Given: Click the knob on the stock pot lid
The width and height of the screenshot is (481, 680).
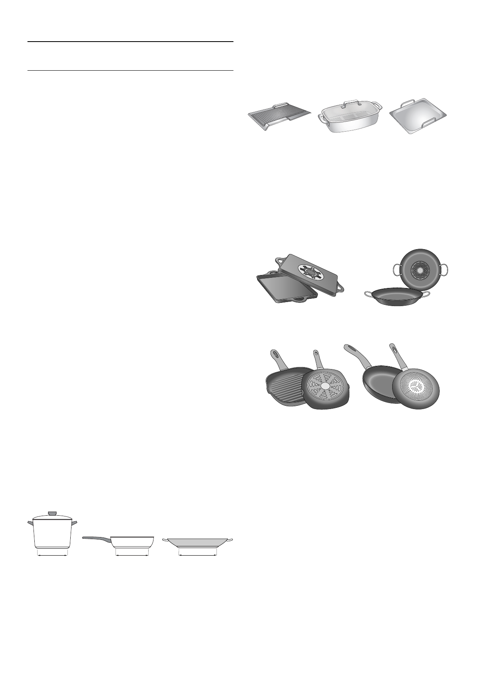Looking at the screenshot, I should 53,513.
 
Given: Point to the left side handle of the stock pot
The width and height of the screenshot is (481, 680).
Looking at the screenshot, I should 30,523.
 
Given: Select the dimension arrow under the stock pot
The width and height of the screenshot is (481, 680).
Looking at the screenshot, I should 53,555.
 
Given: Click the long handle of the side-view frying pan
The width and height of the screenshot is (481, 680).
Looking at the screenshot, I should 96,538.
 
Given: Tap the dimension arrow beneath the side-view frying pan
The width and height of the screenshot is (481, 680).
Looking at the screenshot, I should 132,555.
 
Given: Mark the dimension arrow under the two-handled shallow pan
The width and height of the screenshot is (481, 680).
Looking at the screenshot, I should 198,555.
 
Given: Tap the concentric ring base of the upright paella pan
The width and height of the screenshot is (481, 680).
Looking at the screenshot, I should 420,269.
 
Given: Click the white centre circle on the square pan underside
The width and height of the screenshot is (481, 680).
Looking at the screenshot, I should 326,386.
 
